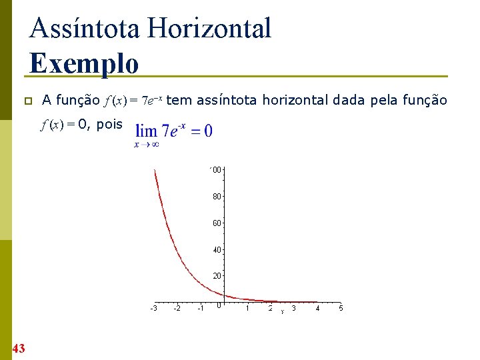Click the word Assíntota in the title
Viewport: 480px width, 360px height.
click(x=85, y=29)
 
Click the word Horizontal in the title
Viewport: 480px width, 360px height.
click(x=210, y=29)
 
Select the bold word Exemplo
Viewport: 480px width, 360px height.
click(x=84, y=64)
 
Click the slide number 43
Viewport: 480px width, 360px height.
click(x=18, y=348)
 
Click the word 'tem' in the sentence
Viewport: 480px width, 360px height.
click(x=177, y=101)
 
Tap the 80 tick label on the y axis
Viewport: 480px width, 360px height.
click(x=217, y=197)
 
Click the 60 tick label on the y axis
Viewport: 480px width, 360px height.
click(x=217, y=223)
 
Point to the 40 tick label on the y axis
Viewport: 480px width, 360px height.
click(x=217, y=249)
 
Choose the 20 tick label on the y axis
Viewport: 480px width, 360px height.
click(x=217, y=275)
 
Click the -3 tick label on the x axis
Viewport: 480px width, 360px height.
click(x=153, y=309)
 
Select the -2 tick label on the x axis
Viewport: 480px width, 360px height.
click(x=177, y=309)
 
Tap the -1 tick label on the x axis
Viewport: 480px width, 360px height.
click(x=200, y=309)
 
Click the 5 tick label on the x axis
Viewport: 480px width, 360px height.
click(x=341, y=308)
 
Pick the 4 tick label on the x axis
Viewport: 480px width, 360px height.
click(x=317, y=308)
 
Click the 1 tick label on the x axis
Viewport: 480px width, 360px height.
click(x=247, y=308)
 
